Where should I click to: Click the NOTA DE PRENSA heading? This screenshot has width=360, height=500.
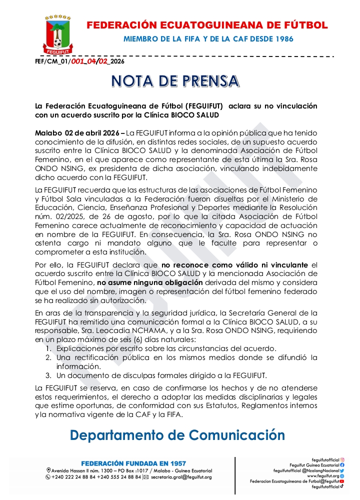(x=175, y=80)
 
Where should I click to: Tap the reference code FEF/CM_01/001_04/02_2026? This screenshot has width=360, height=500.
(x=79, y=62)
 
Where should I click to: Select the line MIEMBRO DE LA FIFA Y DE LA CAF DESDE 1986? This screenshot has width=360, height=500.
(x=208, y=39)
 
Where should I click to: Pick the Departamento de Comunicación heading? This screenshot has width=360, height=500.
(x=177, y=434)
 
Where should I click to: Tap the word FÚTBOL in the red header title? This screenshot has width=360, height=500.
(x=303, y=25)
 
